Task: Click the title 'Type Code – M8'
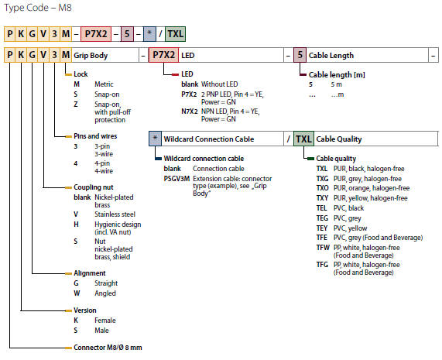(x=38, y=8)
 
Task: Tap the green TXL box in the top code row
(x=175, y=34)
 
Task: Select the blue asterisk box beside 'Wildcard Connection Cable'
(x=155, y=139)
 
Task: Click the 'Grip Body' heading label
(x=91, y=56)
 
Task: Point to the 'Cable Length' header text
(x=331, y=55)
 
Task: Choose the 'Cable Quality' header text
(x=339, y=139)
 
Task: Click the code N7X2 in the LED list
(x=190, y=111)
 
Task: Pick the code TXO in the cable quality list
(x=323, y=188)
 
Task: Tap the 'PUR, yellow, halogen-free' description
(x=371, y=198)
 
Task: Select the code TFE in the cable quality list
(x=322, y=238)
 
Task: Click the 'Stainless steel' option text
(x=115, y=214)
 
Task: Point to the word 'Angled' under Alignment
(x=105, y=293)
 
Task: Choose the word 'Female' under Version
(x=105, y=321)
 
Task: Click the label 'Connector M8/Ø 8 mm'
(x=108, y=348)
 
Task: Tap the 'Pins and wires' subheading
(x=95, y=136)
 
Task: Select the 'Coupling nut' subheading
(x=94, y=187)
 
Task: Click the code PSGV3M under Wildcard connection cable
(x=176, y=179)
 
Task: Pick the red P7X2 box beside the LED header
(x=163, y=55)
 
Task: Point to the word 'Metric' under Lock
(x=104, y=84)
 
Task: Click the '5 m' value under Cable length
(x=336, y=84)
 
